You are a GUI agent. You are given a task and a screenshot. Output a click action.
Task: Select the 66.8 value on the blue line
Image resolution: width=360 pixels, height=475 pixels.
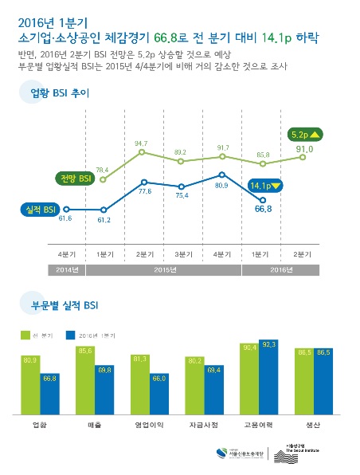point(264,209)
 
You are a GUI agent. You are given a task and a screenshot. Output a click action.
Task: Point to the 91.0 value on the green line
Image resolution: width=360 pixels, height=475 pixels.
point(304,148)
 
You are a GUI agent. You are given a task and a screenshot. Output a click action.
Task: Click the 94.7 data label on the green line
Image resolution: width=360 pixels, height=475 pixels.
point(143,143)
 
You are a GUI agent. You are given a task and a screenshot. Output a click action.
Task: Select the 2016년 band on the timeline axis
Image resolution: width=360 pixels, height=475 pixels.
point(283,269)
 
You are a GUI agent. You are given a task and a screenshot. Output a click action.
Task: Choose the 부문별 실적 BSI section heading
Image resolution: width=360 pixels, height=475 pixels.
point(64,304)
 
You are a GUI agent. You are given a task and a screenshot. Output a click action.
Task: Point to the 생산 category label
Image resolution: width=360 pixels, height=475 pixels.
point(312,426)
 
